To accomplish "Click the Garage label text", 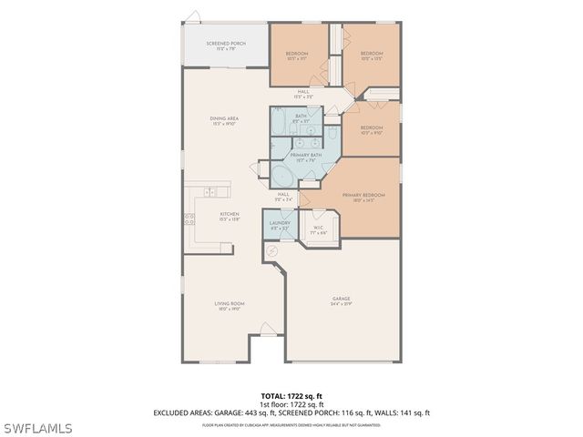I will tap(342, 300).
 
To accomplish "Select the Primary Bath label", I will tap(306, 157).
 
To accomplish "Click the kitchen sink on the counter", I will tap(210, 192).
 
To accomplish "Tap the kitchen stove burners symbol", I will tap(189, 218).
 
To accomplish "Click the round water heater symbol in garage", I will tap(271, 251).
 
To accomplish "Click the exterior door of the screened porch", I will tap(192, 15).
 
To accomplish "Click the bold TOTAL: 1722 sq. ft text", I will tap(291, 396).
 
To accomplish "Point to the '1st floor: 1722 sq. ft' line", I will tap(291, 404).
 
